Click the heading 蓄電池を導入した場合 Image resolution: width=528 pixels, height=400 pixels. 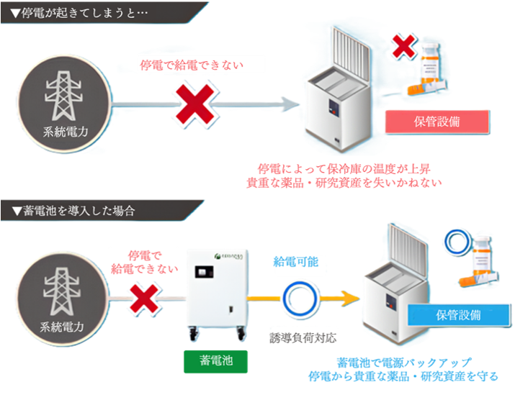72,212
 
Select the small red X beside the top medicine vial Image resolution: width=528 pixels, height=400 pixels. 405,47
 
